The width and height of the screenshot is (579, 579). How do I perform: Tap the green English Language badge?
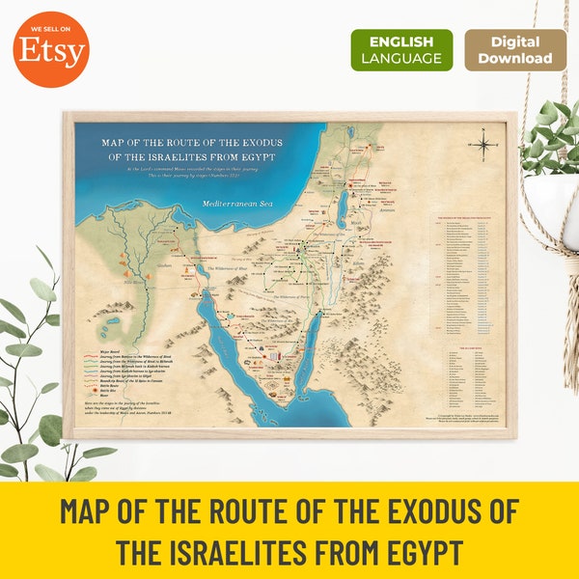[x=400, y=50]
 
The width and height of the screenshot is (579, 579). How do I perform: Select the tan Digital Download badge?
[x=515, y=50]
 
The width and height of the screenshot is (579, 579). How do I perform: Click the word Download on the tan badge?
[x=515, y=59]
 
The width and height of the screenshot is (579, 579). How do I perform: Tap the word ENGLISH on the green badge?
[x=400, y=41]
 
